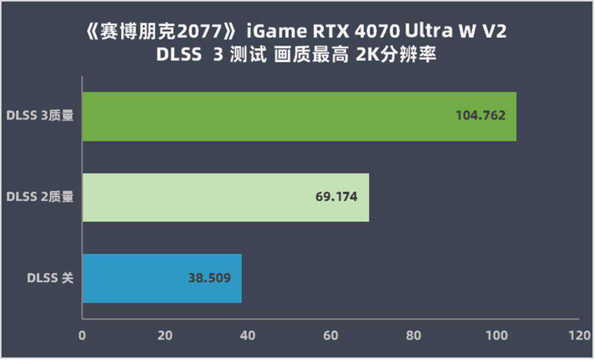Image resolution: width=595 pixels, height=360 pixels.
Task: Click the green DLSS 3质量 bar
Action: point(299,117)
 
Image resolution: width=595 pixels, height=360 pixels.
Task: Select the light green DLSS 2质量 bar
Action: point(226,197)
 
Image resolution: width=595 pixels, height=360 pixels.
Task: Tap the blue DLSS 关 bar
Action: point(162,278)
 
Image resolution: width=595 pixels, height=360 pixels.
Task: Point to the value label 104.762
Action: point(480,116)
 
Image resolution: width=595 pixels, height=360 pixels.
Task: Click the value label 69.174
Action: point(336,196)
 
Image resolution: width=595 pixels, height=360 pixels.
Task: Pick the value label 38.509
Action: point(210,278)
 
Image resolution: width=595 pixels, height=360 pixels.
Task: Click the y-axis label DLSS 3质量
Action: point(40,116)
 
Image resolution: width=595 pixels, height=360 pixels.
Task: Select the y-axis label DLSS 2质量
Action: point(40,197)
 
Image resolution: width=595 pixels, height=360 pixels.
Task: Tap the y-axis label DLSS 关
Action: point(50,278)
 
